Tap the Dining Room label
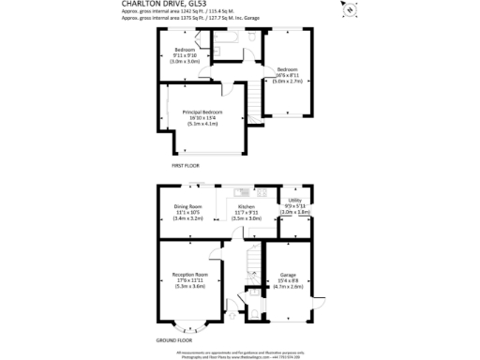click(x=188, y=206)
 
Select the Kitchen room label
click(x=247, y=206)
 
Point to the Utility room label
click(x=294, y=201)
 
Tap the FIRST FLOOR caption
click(x=186, y=165)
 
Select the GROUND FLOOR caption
click(x=173, y=340)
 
